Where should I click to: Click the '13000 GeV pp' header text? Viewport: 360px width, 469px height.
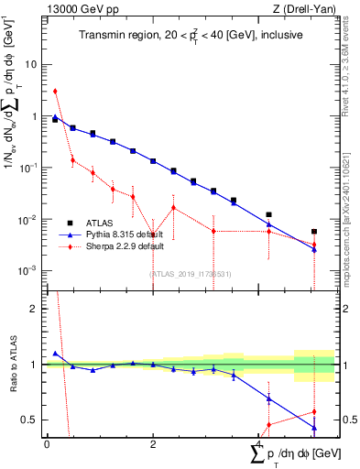pyautogui.click(x=79, y=9)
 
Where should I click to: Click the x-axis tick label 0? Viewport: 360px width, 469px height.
pyautogui.click(x=47, y=443)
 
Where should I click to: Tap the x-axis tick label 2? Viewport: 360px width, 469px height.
pyautogui.click(x=153, y=443)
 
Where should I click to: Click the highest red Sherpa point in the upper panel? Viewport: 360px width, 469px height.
pyautogui.click(x=55, y=91)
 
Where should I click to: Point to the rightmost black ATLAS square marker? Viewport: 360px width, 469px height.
pyautogui.click(x=314, y=232)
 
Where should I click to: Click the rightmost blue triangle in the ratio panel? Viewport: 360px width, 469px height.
pyautogui.click(x=314, y=428)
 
